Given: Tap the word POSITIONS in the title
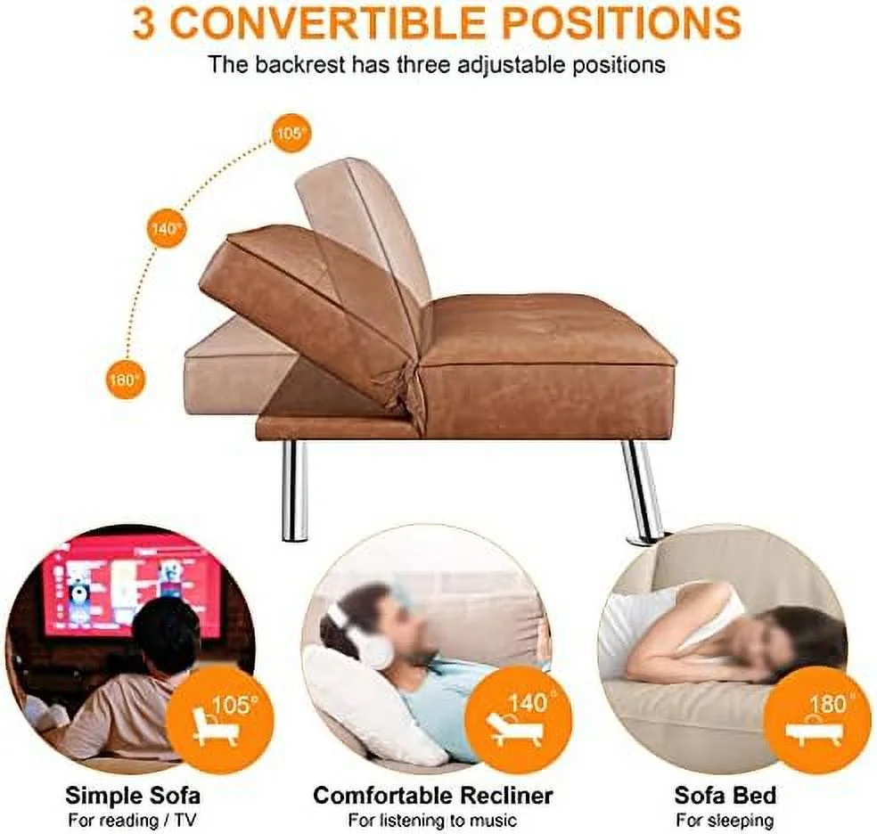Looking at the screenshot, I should pos(621,23).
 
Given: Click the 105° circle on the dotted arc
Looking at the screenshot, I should pos(290,134).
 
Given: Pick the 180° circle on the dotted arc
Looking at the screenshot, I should pos(125,379).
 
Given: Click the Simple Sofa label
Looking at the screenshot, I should pos(133,795).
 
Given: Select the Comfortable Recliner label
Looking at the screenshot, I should pos(433,795).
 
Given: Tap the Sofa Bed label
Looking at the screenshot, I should pos(725,795).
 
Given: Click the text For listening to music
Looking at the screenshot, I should pos(433,820).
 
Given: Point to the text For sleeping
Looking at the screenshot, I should pos(725,820).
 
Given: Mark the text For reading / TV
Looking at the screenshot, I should pos(133,820).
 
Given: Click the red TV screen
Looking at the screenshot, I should pos(134,584).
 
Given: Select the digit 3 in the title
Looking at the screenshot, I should pos(144,23).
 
